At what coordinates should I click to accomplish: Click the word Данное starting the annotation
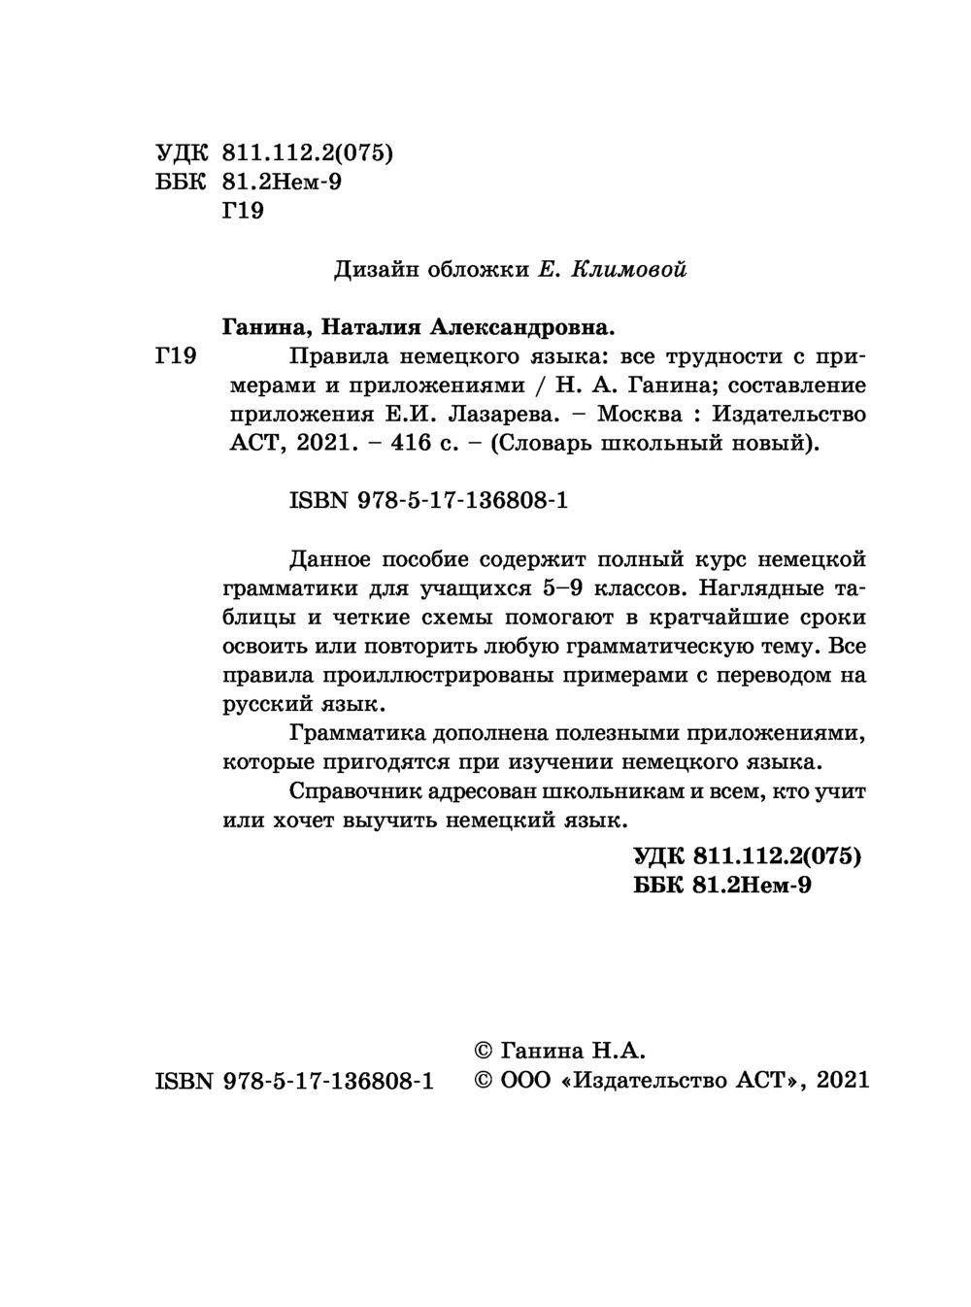point(330,558)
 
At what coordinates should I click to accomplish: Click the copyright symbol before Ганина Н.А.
point(484,1050)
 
